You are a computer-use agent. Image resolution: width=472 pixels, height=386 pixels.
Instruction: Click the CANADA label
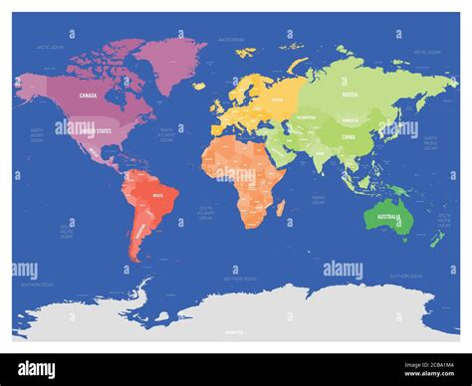[87, 96]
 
